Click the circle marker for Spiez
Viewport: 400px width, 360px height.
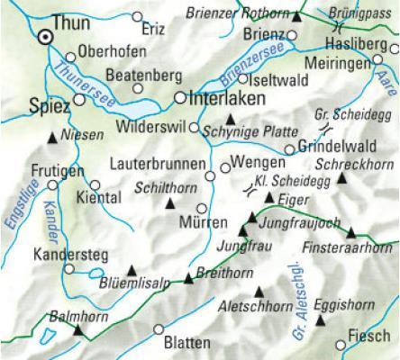79,100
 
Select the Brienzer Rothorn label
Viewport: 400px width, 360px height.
239,13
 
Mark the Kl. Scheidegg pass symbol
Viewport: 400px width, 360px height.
247,189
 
